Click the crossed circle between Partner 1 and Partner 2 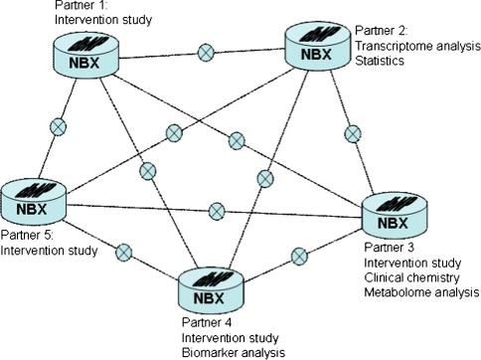click(x=206, y=52)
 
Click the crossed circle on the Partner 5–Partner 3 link click(x=216, y=209)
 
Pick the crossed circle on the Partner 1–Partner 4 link click(x=148, y=172)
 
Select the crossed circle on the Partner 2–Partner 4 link click(x=265, y=178)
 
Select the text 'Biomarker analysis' click(x=235, y=351)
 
